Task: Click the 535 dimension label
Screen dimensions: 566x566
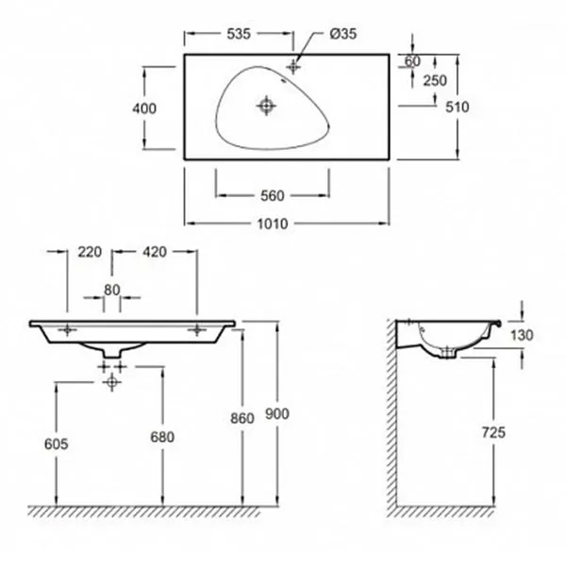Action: coord(239,34)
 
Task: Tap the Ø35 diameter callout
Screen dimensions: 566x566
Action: coord(343,34)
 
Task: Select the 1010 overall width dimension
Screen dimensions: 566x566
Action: coord(273,225)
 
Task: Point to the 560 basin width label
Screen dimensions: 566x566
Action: coord(273,196)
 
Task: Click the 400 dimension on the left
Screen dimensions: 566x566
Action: coord(144,108)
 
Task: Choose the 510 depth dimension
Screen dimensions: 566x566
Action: coord(458,107)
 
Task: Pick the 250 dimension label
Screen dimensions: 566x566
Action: coord(435,80)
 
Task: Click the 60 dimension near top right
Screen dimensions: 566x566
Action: coord(412,61)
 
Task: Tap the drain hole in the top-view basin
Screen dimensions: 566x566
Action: coord(266,106)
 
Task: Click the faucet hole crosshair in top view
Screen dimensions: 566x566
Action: coord(293,66)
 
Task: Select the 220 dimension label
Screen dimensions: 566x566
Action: coord(90,252)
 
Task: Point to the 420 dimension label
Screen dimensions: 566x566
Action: coord(155,252)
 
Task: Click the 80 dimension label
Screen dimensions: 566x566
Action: coord(112,290)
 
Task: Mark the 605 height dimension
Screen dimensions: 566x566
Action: coord(57,444)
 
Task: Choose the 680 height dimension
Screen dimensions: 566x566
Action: coord(162,437)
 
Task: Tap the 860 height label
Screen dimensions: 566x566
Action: coord(242,418)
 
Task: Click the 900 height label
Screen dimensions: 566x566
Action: coord(277,414)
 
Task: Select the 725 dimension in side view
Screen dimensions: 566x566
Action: coord(493,432)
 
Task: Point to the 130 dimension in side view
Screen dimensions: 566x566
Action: coord(522,335)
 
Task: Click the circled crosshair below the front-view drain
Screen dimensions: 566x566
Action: coord(112,382)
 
